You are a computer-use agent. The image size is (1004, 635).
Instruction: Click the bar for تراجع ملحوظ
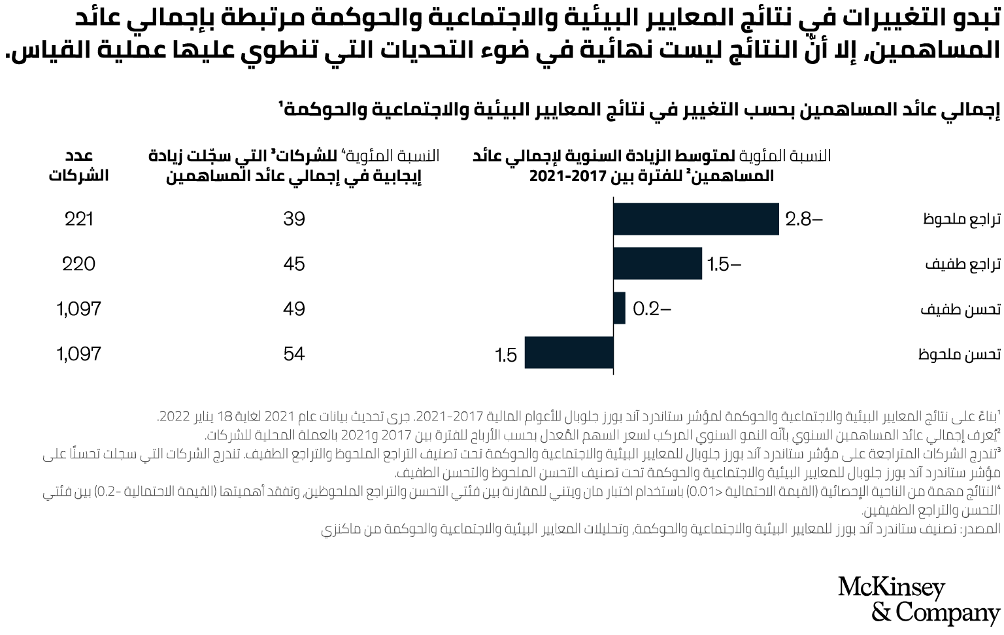695,219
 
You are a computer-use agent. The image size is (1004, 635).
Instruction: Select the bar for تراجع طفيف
658,264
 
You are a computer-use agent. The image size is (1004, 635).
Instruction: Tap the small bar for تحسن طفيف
619,308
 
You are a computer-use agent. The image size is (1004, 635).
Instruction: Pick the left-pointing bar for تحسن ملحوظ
569,353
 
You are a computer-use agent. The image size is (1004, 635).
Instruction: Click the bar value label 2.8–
803,219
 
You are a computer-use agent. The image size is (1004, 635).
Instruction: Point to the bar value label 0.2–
652,309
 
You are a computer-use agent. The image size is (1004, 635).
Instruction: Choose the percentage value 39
294,219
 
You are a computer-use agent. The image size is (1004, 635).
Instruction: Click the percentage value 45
294,264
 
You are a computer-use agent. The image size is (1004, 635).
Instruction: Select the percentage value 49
294,309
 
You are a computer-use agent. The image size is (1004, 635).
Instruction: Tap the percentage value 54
294,354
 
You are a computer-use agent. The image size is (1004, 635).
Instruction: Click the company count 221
79,219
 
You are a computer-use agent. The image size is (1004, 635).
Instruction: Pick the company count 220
79,264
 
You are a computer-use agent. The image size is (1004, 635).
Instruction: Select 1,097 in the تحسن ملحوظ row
79,354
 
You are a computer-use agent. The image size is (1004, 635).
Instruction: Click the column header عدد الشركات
79,165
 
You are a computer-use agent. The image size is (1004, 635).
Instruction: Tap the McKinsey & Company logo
918,600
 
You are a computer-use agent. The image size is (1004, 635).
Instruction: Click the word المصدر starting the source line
980,529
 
